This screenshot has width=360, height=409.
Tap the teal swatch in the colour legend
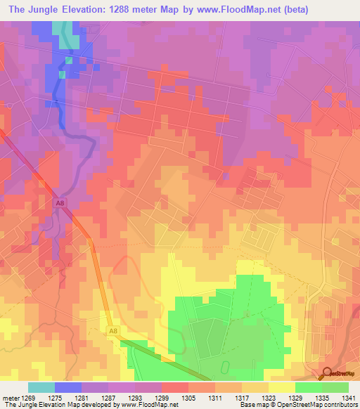click(41, 387)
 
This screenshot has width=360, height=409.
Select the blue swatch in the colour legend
click(68, 387)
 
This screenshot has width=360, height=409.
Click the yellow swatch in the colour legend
click(281, 387)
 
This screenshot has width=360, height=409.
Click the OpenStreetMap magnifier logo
click(327, 373)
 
